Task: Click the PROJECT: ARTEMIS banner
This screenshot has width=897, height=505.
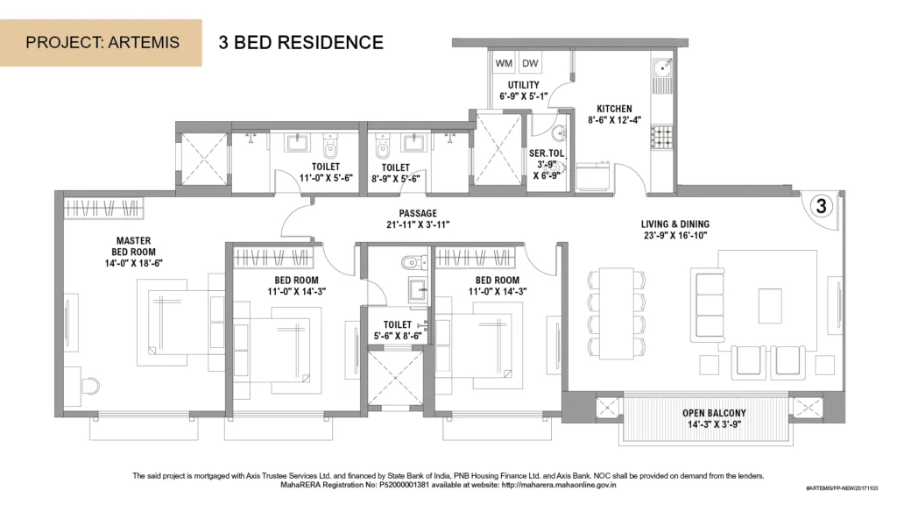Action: (x=101, y=42)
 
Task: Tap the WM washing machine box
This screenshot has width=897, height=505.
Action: (x=504, y=63)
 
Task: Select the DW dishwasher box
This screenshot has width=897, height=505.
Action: (x=530, y=63)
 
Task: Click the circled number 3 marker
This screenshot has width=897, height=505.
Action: (x=821, y=205)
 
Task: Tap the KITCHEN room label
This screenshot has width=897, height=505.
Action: (x=614, y=109)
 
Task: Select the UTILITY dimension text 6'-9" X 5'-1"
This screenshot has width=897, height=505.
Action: (x=524, y=96)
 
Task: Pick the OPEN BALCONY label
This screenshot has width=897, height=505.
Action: (x=714, y=413)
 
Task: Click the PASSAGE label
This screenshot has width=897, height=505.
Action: (x=418, y=213)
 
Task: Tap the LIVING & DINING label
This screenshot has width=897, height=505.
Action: (x=675, y=224)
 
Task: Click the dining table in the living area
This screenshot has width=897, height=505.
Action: (x=616, y=312)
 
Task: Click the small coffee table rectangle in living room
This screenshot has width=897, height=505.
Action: (x=770, y=306)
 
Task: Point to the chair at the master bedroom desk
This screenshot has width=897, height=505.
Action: (x=90, y=386)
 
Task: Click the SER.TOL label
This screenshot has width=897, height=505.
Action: (x=547, y=153)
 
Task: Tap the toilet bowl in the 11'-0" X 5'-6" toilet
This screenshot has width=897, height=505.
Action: (x=330, y=146)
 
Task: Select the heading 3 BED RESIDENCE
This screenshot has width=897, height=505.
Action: (x=301, y=42)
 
